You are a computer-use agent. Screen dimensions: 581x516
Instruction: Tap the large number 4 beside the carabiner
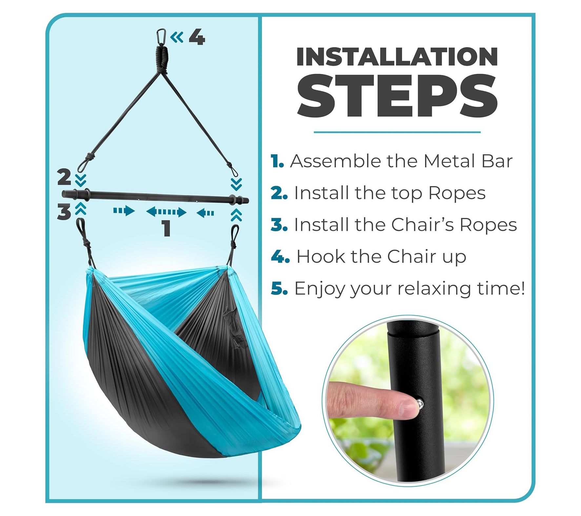pos(197,37)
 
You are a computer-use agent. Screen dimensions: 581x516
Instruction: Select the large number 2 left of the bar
pos(64,177)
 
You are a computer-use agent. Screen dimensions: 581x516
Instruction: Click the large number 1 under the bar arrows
pos(167,228)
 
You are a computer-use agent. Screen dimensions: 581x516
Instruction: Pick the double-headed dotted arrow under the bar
pos(166,212)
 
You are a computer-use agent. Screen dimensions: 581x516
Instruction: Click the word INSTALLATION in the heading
pos(397,57)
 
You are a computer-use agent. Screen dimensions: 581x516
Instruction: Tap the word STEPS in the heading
pos(397,96)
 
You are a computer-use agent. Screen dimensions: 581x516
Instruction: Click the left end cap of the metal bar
pos(64,194)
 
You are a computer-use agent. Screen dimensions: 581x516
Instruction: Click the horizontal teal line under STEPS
pos(397,132)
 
